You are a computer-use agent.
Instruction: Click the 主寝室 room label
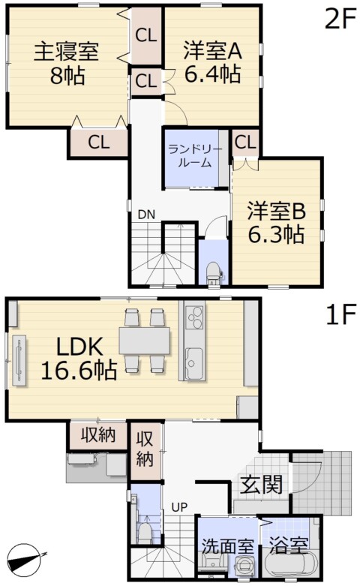tap(67, 52)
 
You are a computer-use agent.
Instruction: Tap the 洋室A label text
tap(213, 51)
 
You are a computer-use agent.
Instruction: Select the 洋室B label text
tap(276, 212)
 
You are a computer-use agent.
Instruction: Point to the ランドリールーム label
tap(194, 156)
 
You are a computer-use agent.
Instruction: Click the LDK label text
tap(79, 347)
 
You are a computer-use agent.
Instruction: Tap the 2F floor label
tap(340, 20)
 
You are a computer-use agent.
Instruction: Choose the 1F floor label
tap(340, 315)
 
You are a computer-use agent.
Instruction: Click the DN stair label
tap(146, 215)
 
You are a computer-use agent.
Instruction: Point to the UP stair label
tap(180, 507)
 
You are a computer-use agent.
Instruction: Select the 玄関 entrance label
tap(261, 485)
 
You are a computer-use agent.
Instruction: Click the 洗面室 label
tap(227, 546)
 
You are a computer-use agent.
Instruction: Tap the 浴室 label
tap(288, 546)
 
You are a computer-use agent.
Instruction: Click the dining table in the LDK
tap(145, 340)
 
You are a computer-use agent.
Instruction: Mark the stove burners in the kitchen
tap(194, 317)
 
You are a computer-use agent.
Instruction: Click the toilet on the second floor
tap(213, 272)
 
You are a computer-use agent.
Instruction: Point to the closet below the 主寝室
tap(99, 142)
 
